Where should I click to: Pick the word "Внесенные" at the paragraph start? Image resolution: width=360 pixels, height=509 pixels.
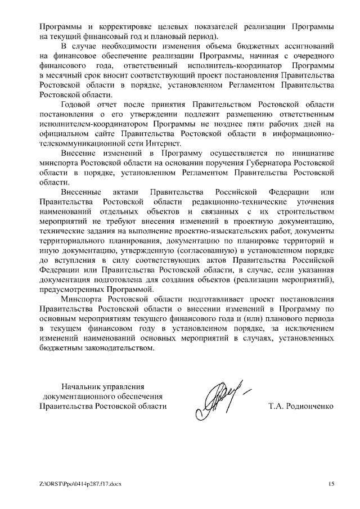tap(81, 192)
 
